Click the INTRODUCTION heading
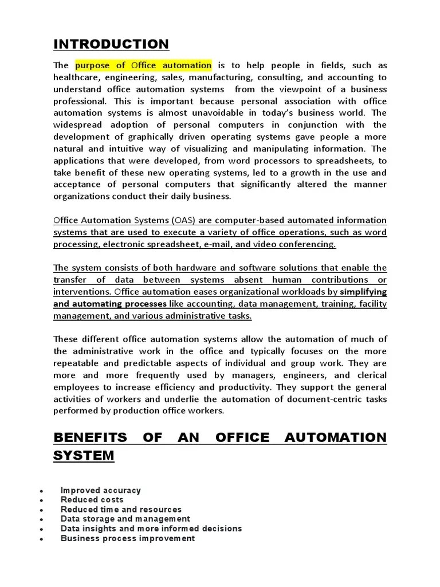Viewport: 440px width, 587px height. pyautogui.click(x=111, y=44)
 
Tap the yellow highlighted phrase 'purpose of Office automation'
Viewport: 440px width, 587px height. pyautogui.click(x=143, y=65)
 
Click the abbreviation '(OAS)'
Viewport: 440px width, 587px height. pyautogui.click(x=185, y=221)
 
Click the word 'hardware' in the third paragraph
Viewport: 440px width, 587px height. pyautogui.click(x=182, y=268)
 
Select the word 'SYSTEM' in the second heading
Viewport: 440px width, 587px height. pyautogui.click(x=84, y=456)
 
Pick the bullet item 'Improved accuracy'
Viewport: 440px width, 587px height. pyautogui.click(x=100, y=490)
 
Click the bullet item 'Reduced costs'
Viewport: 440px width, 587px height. pyautogui.click(x=92, y=500)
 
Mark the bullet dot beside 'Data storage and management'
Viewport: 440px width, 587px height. pyautogui.click(x=42, y=519)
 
